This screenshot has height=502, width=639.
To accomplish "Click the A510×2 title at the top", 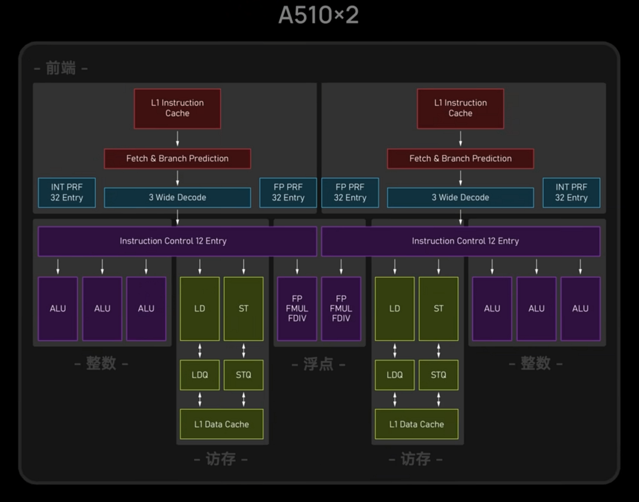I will pyautogui.click(x=318, y=16).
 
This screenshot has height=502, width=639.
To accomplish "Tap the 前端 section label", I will pyautogui.click(x=60, y=68).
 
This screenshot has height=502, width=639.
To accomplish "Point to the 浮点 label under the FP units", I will pyautogui.click(x=318, y=364).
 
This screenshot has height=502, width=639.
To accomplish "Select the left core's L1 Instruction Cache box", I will pyautogui.click(x=177, y=108).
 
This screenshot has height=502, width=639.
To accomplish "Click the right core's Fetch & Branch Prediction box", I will pyautogui.click(x=460, y=159).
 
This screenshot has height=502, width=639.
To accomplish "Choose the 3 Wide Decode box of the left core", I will pyautogui.click(x=177, y=198).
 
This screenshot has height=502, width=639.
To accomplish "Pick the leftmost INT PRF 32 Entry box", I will pyautogui.click(x=66, y=192).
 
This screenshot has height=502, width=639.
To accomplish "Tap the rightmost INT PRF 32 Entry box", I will pyautogui.click(x=571, y=192).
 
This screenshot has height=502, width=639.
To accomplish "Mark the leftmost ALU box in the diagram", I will pyautogui.click(x=58, y=309).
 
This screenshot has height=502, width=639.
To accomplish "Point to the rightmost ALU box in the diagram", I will pyautogui.click(x=580, y=309).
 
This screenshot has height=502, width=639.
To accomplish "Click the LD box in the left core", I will pyautogui.click(x=200, y=309).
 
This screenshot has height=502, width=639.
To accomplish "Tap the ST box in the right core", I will pyautogui.click(x=439, y=309).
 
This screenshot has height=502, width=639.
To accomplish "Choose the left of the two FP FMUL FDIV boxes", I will pyautogui.click(x=297, y=309).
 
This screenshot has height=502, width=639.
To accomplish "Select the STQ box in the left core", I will pyautogui.click(x=244, y=375).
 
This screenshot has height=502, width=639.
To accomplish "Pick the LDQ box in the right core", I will pyautogui.click(x=395, y=375).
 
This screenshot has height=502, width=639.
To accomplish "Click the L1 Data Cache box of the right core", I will pyautogui.click(x=416, y=424).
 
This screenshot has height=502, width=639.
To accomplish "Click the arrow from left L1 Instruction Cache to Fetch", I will pyautogui.click(x=177, y=139).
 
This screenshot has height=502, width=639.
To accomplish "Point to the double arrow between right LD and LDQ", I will pyautogui.click(x=395, y=350).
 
